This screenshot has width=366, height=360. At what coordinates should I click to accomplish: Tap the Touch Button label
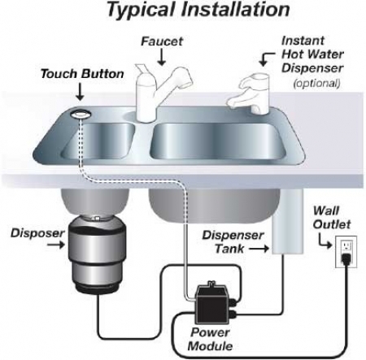click(x=82, y=74)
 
